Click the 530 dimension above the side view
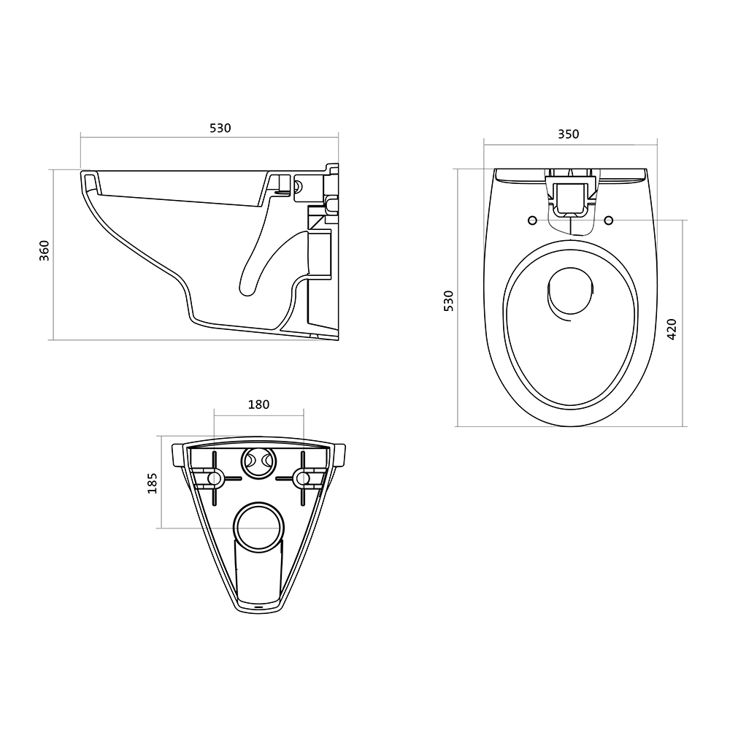click(220, 128)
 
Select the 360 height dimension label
click(45, 250)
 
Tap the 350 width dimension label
click(569, 134)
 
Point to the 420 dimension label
click(672, 329)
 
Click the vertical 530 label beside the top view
click(448, 301)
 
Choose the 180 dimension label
click(258, 404)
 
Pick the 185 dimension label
click(153, 483)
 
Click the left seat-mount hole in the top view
click(533, 220)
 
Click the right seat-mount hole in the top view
click(609, 220)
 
